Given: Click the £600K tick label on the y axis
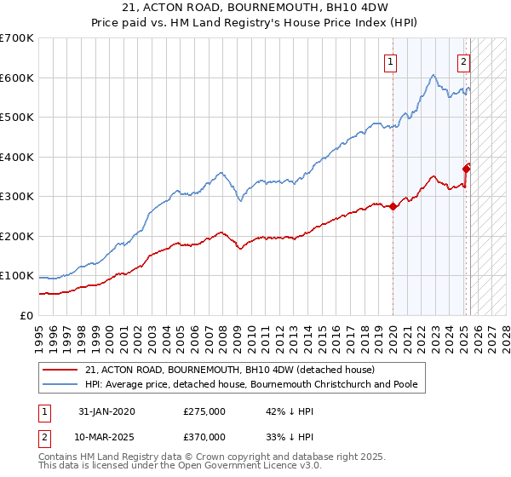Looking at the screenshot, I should [x=17, y=78].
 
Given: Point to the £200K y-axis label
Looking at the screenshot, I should [x=17, y=236].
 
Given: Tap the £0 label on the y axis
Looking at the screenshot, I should [x=26, y=315].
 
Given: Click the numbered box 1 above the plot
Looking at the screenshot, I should [x=390, y=61].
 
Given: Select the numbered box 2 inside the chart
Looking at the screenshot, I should [x=463, y=61].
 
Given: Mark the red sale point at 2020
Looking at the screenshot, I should [x=393, y=206].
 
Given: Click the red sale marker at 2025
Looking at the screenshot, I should [x=466, y=169].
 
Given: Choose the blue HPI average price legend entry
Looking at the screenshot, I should [x=251, y=385].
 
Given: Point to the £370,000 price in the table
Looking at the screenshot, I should [x=204, y=436].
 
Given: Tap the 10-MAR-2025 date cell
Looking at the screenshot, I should [x=106, y=436].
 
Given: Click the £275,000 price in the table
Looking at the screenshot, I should [x=204, y=411].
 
